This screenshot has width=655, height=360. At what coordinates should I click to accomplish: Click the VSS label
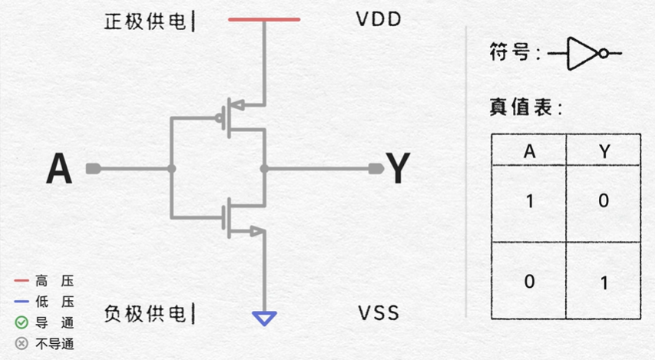pos(379,314)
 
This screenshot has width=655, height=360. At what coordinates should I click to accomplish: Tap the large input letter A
pos(59,169)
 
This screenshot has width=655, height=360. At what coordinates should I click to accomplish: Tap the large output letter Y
pos(398,169)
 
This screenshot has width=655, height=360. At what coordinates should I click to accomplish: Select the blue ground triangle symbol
pos(264,318)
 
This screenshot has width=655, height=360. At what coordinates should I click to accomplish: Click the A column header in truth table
pos(529,151)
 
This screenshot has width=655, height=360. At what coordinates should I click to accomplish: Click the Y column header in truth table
pos(604,151)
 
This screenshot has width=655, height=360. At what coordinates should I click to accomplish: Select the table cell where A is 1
pos(529,201)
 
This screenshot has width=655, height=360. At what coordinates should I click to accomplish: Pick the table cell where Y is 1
pos(604,282)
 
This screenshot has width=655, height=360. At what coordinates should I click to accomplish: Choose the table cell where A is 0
pos(529,281)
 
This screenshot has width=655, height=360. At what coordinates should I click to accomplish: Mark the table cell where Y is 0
pos(604,201)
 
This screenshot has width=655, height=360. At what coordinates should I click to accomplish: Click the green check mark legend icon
pos(22,322)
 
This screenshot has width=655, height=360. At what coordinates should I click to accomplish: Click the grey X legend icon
pos(22,343)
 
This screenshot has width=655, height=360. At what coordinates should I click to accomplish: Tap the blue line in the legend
pos(22,302)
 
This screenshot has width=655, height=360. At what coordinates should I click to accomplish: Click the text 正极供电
pos(145,21)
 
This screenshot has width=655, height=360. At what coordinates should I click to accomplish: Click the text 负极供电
pos(145,313)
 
